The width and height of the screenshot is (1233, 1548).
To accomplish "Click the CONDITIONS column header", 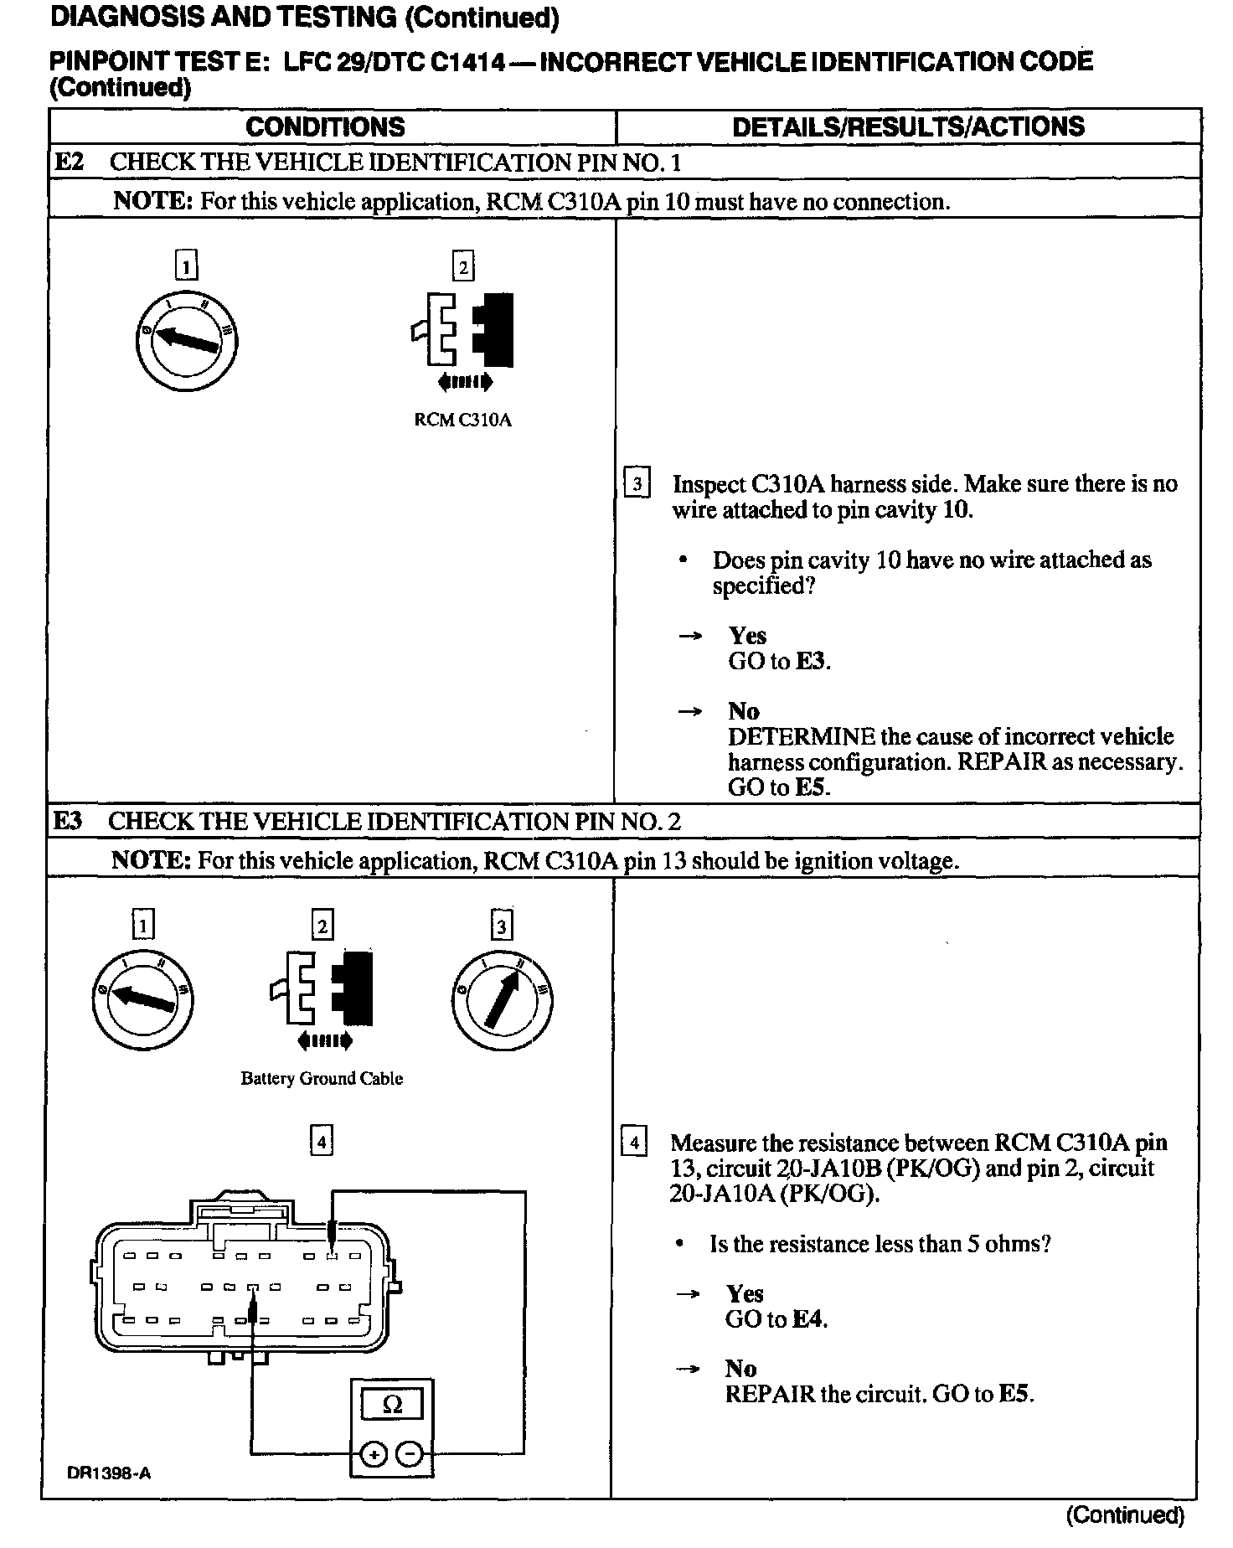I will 325,126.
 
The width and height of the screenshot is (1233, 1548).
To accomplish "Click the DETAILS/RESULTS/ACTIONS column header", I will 908,126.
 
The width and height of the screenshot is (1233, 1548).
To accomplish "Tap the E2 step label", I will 70,162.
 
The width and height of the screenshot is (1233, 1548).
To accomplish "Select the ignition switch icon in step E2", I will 186,338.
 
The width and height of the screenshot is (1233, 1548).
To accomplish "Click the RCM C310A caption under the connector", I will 462,420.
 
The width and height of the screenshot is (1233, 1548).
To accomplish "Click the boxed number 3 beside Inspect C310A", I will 637,484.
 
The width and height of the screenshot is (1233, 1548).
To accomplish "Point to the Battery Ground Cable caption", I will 322,1079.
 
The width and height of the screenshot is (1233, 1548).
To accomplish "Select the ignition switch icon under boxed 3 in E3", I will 501,1000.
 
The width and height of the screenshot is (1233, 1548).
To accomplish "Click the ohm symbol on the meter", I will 392,1405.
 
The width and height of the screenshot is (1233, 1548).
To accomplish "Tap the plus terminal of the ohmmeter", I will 374,1456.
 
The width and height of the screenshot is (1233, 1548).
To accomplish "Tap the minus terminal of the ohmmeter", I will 409,1456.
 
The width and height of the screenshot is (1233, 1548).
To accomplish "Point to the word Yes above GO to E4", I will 745,1294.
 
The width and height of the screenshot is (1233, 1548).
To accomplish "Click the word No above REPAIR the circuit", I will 741,1369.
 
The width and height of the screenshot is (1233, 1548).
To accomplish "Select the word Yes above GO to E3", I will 747,636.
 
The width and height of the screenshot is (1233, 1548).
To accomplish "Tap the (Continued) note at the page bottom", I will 1125,1514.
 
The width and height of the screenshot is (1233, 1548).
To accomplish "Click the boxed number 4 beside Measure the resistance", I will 634,1143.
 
